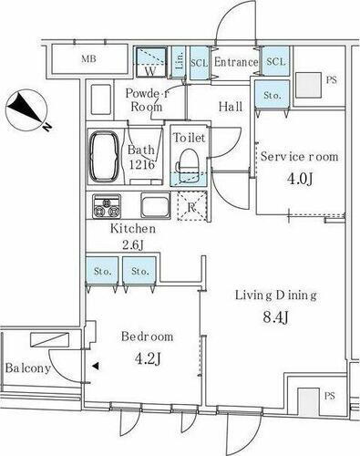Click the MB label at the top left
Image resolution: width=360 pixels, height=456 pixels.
pyautogui.click(x=87, y=60)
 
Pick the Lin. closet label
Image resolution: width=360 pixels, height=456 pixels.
pyautogui.click(x=180, y=61)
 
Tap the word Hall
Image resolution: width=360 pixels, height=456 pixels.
pyautogui.click(x=231, y=107)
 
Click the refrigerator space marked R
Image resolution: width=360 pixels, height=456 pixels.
pyautogui.click(x=191, y=206)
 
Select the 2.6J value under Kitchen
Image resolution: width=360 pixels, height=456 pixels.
pyautogui.click(x=134, y=245)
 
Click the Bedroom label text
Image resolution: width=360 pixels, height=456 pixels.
pyautogui.click(x=147, y=336)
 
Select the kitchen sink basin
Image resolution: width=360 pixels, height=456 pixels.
pyautogui.click(x=151, y=205)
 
